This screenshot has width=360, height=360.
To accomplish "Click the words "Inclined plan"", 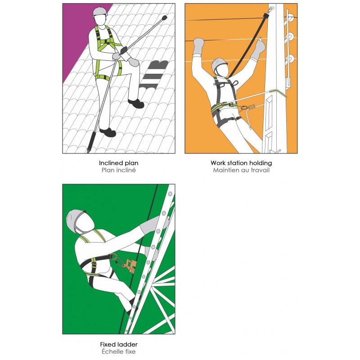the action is pyautogui.click(x=118, y=163).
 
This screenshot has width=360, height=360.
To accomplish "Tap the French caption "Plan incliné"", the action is pyautogui.click(x=118, y=170).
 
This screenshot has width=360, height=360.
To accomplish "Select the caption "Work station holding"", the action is pyautogui.click(x=241, y=163).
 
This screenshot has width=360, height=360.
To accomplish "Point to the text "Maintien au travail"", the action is pyautogui.click(x=241, y=170).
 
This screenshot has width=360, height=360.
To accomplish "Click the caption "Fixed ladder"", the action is pyautogui.click(x=119, y=344).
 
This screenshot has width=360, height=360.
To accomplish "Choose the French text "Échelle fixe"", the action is pyautogui.click(x=119, y=351).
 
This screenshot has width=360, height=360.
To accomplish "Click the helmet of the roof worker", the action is pyautogui.click(x=100, y=12).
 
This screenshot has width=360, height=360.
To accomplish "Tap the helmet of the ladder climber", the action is pyautogui.click(x=75, y=220).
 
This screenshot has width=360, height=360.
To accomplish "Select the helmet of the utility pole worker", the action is pyautogui.click(x=219, y=64).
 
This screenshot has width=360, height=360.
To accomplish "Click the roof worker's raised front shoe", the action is pyautogui.click(x=136, y=104).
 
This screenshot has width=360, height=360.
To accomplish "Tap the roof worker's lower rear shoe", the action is pyautogui.click(x=108, y=132).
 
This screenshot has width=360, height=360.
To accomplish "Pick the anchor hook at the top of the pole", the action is pyautogui.click(x=271, y=9).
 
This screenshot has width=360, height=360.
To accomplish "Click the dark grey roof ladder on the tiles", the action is pyautogui.click(x=153, y=75).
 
